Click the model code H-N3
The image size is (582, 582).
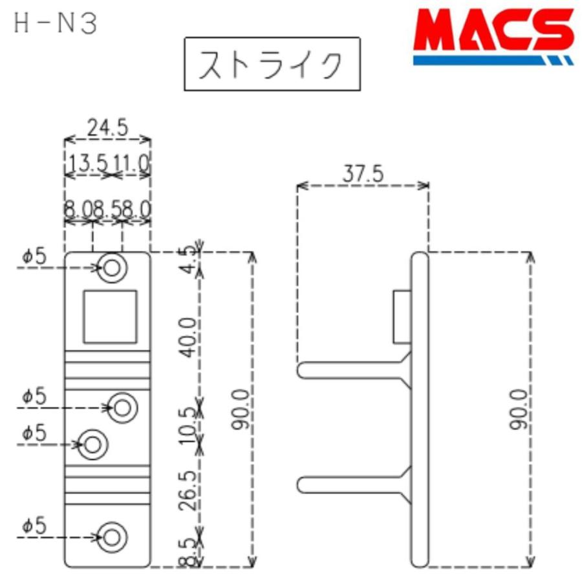tap(54, 24)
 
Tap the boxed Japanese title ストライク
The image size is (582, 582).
tap(272, 65)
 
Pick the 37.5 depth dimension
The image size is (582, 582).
tap(363, 173)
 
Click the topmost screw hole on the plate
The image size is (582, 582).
tap(112, 267)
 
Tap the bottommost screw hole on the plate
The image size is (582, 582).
tap(113, 537)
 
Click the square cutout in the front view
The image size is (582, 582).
tap(109, 316)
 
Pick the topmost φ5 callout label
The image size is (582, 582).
tap(35, 257)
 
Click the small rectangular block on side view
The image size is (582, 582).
tap(403, 316)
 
